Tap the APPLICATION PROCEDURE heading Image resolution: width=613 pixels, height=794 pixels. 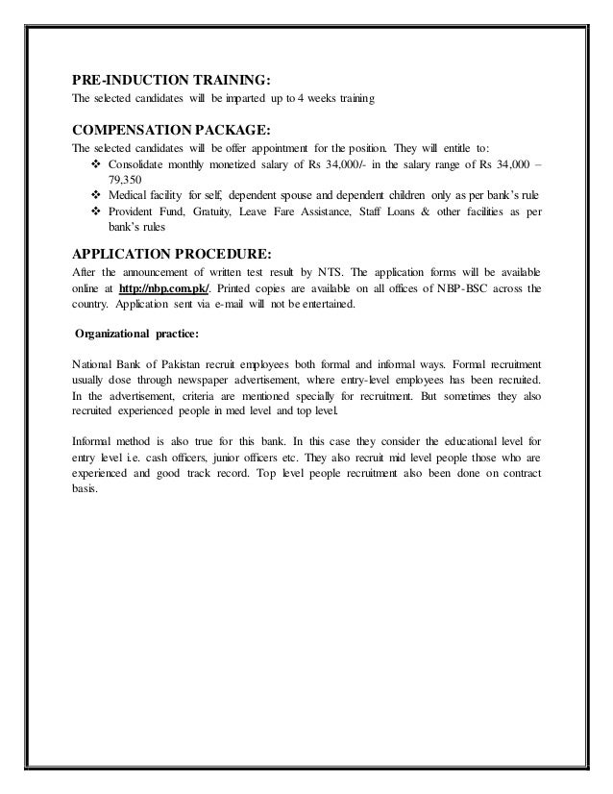pyautogui.click(x=172, y=254)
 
